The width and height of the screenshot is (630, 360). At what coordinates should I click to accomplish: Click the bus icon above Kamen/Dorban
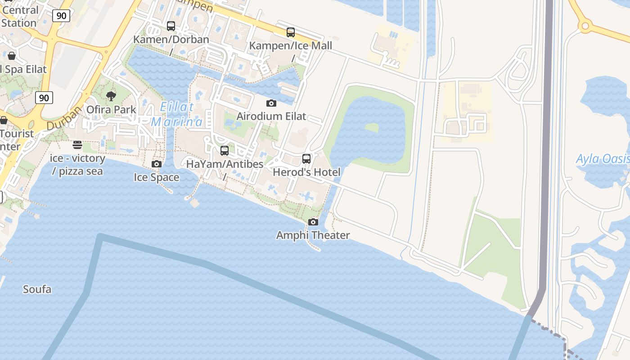171,26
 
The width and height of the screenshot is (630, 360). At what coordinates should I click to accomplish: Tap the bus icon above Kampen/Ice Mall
291,32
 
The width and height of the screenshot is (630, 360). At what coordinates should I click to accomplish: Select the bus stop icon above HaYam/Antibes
225,151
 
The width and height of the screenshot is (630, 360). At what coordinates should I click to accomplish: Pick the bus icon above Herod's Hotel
306,159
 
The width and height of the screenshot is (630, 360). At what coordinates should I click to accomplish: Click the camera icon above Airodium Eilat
271,103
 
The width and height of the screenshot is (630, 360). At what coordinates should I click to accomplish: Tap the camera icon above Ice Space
157,164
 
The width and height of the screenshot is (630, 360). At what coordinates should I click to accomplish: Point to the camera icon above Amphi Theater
313,222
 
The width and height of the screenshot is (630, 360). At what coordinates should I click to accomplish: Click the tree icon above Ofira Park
111,96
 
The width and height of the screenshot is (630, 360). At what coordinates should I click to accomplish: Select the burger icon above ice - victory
77,145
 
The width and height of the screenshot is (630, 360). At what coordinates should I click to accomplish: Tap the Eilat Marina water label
177,114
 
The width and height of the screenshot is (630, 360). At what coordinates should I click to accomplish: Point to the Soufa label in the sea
37,289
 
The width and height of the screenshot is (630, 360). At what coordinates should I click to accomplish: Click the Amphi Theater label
313,235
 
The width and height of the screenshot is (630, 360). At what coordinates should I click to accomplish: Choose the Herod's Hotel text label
306,172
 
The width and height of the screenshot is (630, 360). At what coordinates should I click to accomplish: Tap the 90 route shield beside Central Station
61,16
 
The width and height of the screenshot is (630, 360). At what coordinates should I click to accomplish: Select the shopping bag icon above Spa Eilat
12,56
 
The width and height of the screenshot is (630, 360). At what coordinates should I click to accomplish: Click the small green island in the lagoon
371,128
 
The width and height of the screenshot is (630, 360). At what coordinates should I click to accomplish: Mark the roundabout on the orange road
585,26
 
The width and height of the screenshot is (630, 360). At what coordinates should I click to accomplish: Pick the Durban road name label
64,117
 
